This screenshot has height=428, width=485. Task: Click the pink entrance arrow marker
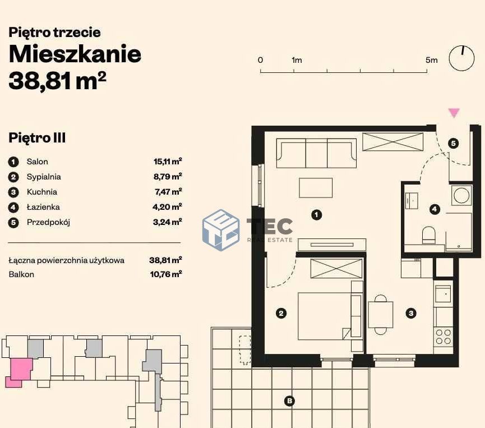tap(454, 113)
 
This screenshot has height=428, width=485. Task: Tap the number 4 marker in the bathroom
tap(435, 209)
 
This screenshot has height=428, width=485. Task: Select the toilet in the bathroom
tap(429, 235)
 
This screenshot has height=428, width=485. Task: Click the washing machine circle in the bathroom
tap(461, 195)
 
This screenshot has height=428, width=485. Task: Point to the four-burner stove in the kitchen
tap(444, 337)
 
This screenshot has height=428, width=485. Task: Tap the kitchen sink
tap(444, 293)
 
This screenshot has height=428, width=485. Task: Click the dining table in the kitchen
tap(381, 315)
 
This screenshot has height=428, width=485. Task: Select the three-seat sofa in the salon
tap(316, 153)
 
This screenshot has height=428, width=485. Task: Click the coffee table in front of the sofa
tap(316, 187)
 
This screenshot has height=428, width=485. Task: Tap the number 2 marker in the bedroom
tap(281, 314)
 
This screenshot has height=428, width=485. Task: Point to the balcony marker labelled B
tap(289, 401)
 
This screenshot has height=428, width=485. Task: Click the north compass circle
tap(461, 58)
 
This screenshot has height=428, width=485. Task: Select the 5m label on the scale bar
tap(432, 60)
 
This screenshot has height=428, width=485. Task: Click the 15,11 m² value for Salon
tap(168, 161)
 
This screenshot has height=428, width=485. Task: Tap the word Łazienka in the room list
tap(43, 207)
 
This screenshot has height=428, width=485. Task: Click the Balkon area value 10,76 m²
tap(166, 274)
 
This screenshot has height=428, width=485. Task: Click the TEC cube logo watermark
tap(221, 229)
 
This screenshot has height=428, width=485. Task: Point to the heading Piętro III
tap(37, 138)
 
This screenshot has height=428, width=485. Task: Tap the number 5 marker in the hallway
tap(454, 143)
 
